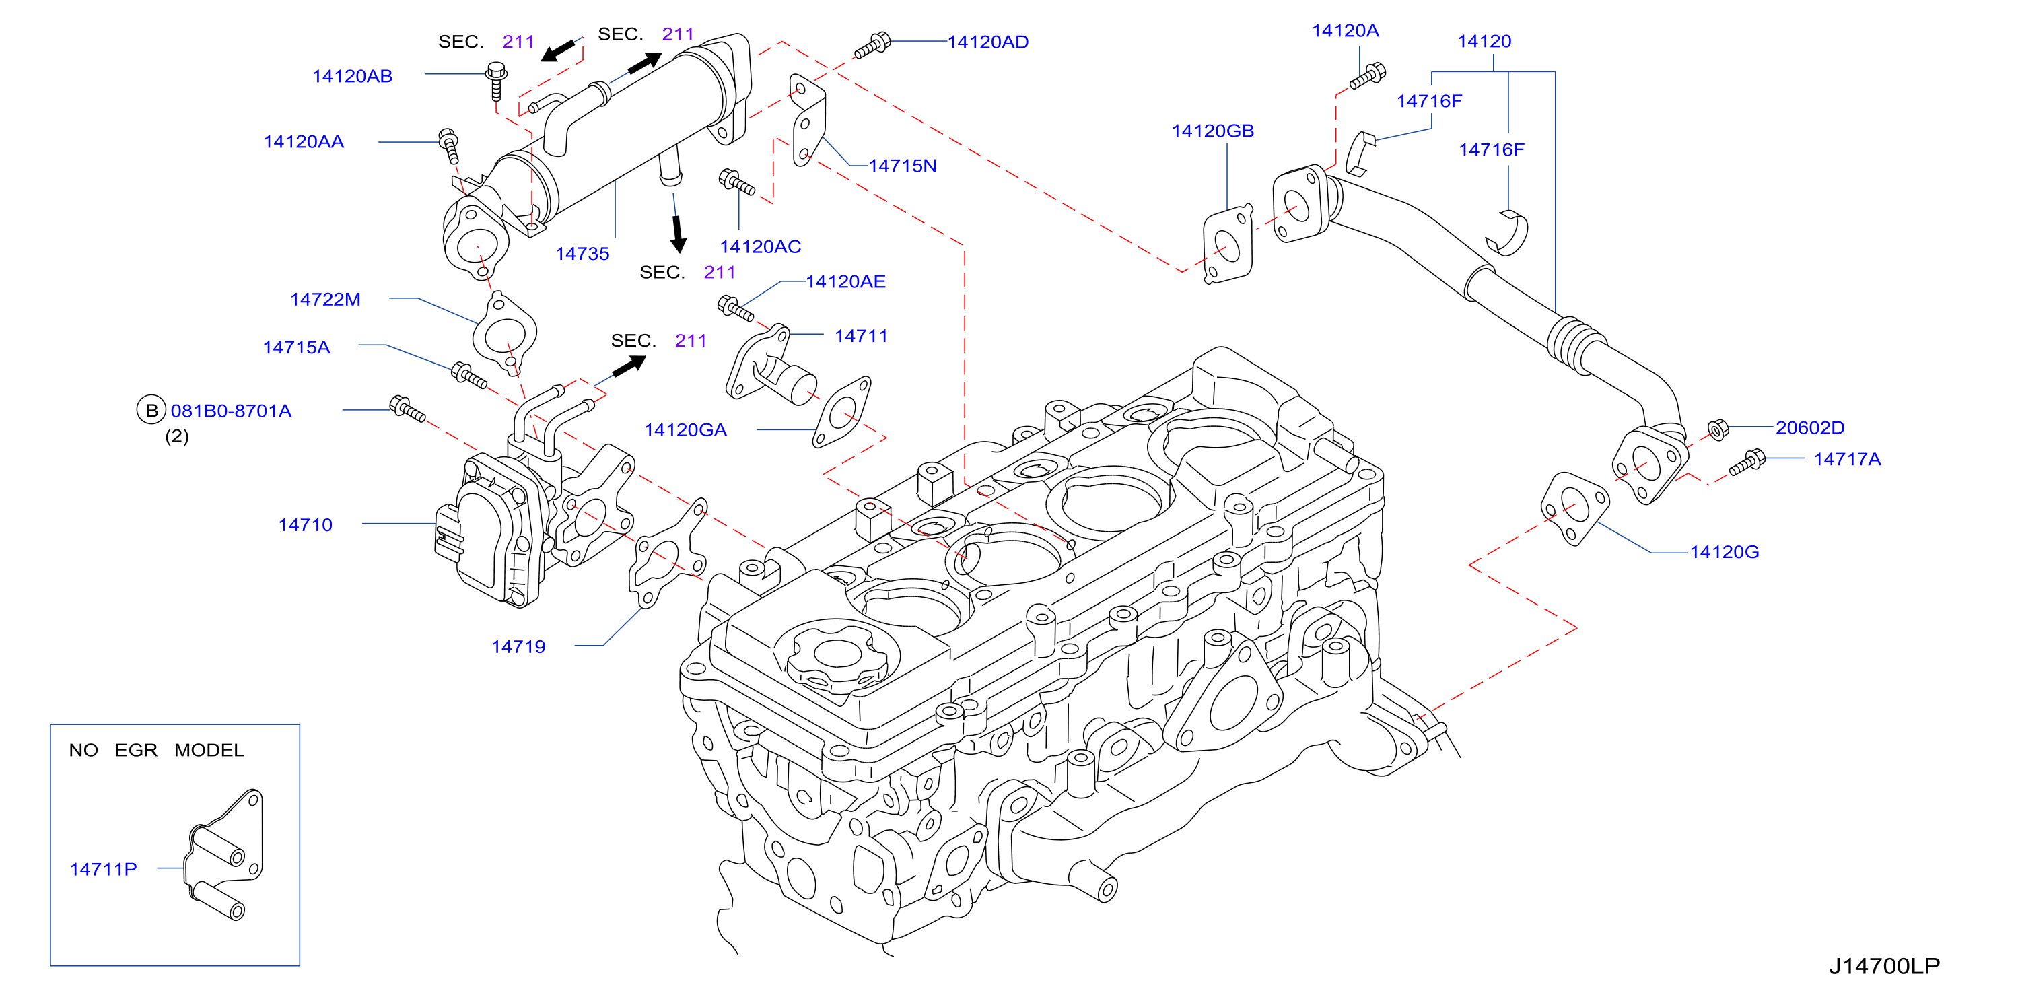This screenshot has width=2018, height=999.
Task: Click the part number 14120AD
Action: [988, 42]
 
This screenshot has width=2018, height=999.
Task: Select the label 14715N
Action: [903, 166]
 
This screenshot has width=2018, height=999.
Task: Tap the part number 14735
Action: [582, 254]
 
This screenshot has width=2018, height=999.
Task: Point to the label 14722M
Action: [325, 300]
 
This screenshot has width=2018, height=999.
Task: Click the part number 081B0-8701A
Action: [231, 411]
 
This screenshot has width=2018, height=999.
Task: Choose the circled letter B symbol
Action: [151, 411]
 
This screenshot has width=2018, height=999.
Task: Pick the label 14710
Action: [306, 525]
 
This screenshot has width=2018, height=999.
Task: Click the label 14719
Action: [518, 647]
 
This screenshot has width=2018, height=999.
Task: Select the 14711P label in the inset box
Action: [104, 870]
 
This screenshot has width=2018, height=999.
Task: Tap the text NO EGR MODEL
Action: [157, 751]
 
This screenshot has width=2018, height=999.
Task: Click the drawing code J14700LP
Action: [1885, 966]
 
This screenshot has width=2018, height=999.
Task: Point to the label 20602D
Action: [1809, 428]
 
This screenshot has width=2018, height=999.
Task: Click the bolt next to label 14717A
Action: [1747, 462]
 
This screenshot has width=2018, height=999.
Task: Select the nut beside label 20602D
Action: [1717, 429]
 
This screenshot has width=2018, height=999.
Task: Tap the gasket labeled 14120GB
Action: [1228, 244]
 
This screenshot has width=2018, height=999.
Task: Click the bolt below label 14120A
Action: [1367, 76]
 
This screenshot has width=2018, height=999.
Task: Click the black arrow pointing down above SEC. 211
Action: [678, 234]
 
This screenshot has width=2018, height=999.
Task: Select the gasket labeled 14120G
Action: [1574, 508]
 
